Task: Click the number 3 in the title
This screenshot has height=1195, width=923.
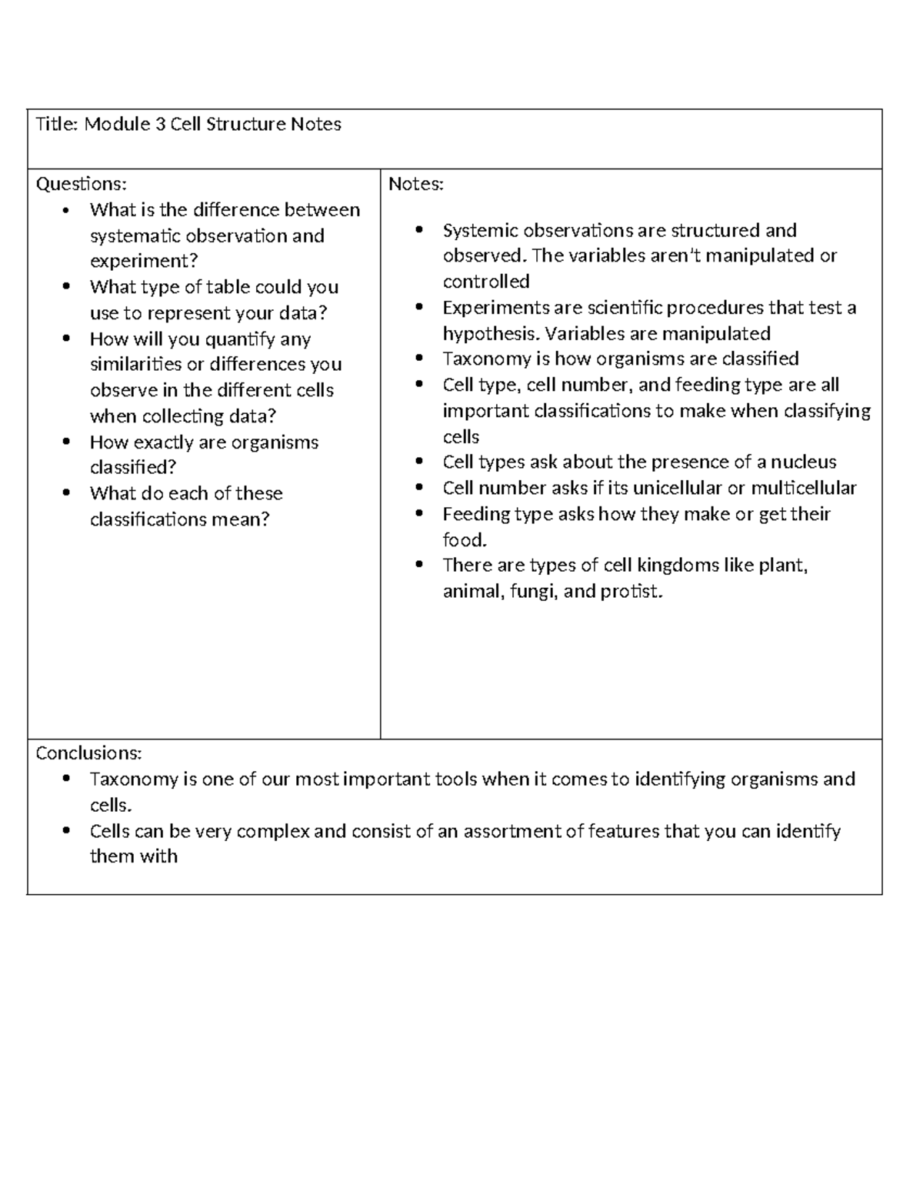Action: [160, 125]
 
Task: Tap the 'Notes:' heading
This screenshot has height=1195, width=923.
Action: [416, 184]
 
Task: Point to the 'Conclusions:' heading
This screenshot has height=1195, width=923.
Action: [88, 753]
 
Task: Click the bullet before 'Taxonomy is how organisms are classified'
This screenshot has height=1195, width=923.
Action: [419, 359]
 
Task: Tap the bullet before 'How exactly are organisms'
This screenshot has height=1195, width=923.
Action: [67, 442]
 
